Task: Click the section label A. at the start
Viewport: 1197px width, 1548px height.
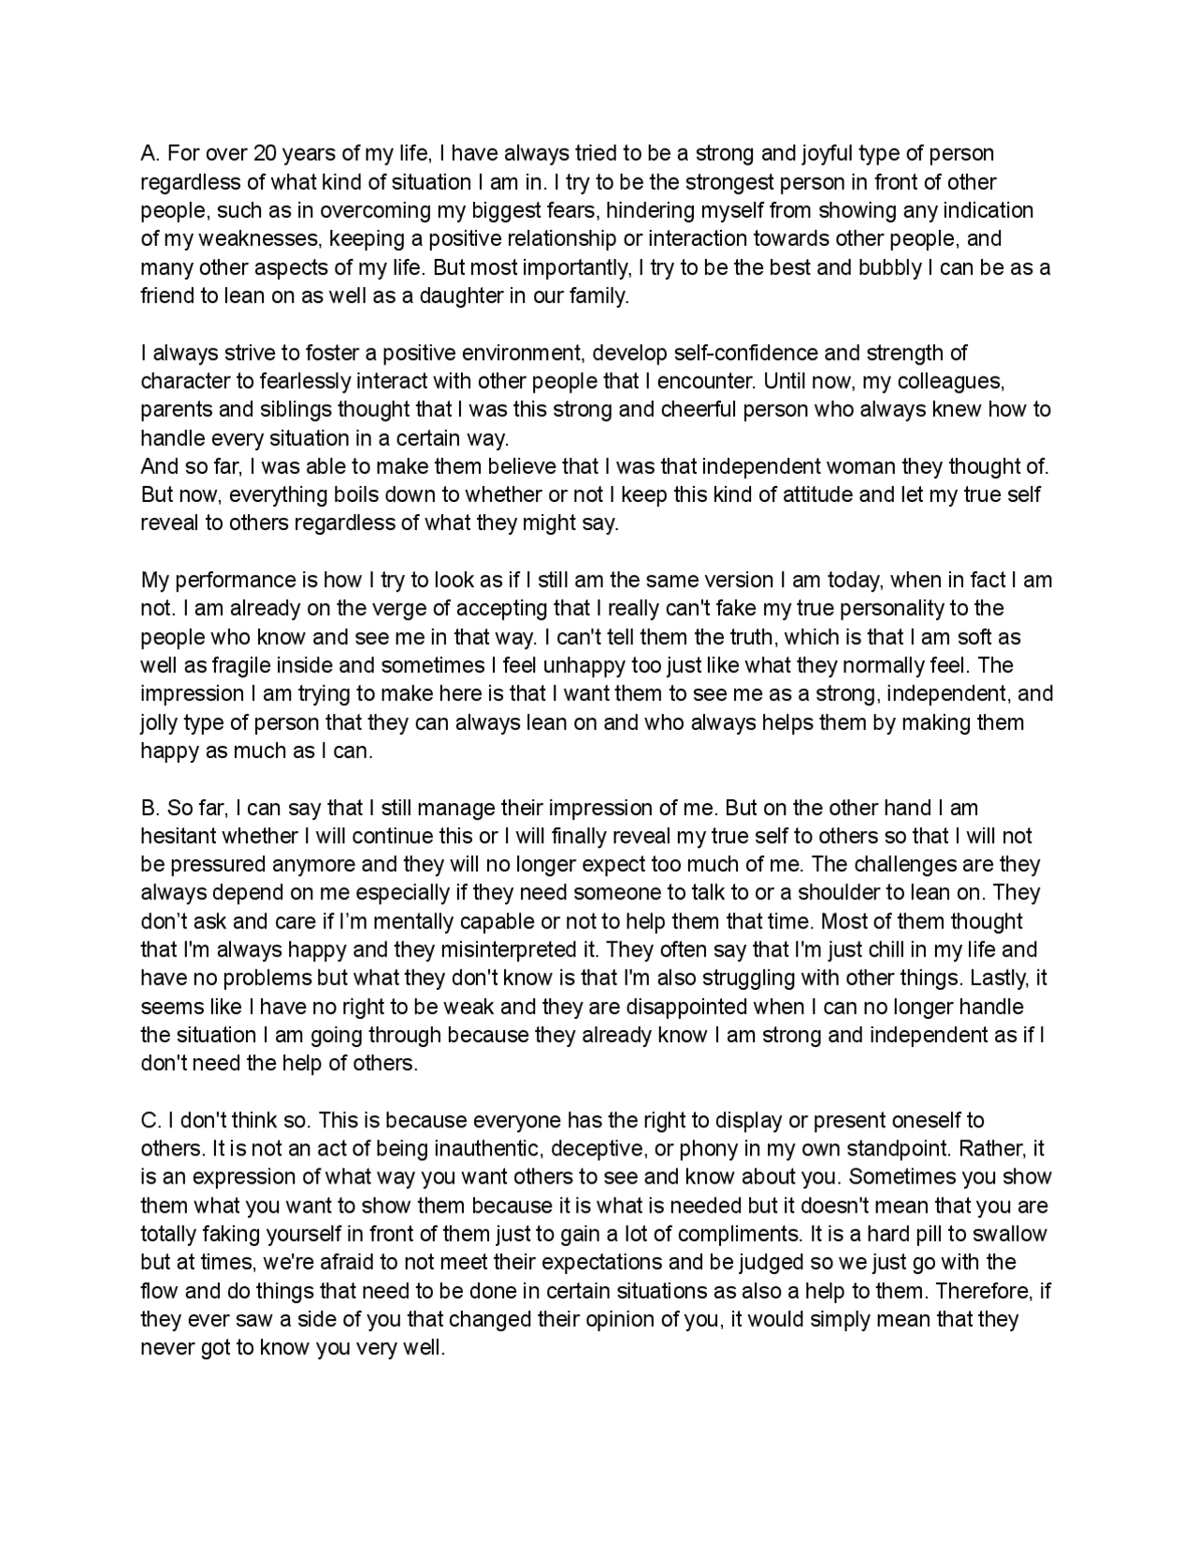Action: click(x=151, y=153)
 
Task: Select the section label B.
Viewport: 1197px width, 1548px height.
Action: click(x=151, y=808)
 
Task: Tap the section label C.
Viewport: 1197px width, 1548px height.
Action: click(x=151, y=1120)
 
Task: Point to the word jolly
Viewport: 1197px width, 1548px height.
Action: click(x=161, y=723)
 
